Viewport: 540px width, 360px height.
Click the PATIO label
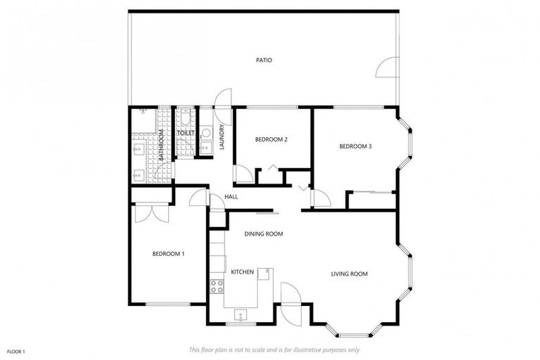click(264, 60)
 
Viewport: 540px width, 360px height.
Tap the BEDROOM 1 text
click(168, 254)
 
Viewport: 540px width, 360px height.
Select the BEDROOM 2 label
click(271, 139)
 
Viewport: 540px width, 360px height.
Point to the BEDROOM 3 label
click(355, 146)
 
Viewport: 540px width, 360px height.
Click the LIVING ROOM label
click(349, 274)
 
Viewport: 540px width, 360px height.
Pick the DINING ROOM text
click(264, 233)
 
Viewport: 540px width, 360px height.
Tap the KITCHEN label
click(242, 271)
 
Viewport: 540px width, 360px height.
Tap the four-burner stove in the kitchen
click(217, 286)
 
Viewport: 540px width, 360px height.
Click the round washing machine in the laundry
click(206, 132)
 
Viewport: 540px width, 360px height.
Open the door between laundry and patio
click(223, 98)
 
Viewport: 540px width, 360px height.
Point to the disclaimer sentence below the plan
click(275, 349)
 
